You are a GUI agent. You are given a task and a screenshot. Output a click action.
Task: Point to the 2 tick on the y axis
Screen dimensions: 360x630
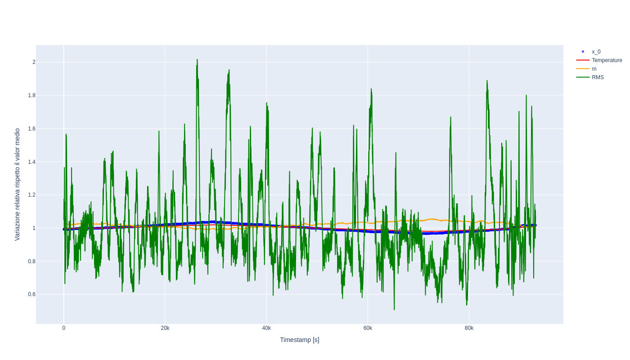(x=34, y=62)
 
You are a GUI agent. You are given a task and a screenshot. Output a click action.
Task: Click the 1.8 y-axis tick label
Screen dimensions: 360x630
(x=31, y=95)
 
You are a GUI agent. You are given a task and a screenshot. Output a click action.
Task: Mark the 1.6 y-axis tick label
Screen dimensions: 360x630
(x=31, y=129)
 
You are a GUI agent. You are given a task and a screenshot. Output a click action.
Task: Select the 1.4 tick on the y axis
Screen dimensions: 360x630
(x=31, y=162)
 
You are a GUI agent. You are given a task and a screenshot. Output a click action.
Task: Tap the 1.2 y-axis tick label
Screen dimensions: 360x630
(x=31, y=195)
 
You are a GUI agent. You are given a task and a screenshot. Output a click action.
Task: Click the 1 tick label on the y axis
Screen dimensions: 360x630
(x=34, y=228)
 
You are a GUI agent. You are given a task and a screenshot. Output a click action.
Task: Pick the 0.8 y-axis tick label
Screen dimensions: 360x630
(x=31, y=261)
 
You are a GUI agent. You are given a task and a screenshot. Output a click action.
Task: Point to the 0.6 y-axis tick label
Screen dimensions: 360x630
(x=31, y=294)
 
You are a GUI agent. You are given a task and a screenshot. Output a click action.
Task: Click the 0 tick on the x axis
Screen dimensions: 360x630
(x=64, y=328)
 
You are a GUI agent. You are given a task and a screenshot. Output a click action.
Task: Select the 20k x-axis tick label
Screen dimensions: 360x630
(x=165, y=328)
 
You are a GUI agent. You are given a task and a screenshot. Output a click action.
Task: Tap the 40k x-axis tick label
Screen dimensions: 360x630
(x=266, y=328)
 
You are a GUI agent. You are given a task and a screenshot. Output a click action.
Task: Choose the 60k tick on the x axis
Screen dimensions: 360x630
(x=368, y=328)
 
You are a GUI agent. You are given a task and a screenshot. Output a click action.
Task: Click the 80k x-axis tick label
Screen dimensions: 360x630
(x=469, y=328)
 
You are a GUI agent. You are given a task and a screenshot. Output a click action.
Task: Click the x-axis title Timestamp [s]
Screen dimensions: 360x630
(x=299, y=340)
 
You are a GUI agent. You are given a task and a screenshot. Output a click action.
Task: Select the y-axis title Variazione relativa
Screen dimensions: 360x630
(x=17, y=184)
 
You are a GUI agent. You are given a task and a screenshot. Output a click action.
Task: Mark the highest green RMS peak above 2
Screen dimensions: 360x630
(x=197, y=60)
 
